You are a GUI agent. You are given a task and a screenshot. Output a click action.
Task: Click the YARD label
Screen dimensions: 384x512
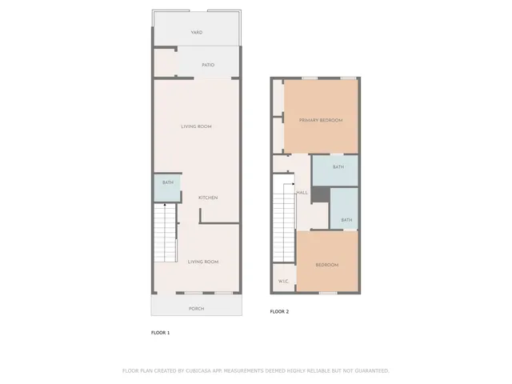[x=196, y=33]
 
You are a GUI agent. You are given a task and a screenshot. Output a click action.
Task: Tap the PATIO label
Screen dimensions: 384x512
[x=208, y=65]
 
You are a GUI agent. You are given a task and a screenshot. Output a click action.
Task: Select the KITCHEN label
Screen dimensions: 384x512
[x=208, y=198]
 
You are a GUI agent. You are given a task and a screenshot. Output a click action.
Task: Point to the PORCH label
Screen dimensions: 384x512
[x=196, y=308]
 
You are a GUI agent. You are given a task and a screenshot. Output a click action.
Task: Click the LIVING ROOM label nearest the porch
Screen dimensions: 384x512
[x=203, y=262]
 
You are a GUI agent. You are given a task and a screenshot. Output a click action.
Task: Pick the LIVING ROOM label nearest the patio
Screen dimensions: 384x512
[x=196, y=127]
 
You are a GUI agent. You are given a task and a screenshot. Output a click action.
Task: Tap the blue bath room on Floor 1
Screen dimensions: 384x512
[x=167, y=187]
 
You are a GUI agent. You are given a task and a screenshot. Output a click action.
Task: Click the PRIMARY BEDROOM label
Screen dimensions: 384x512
[x=321, y=120]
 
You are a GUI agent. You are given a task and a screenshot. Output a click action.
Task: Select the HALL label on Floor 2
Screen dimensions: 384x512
[x=302, y=193]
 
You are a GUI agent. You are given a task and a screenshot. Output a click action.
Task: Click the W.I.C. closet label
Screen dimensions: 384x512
[x=283, y=282]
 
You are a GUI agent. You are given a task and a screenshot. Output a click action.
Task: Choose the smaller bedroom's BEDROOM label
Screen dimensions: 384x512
[x=326, y=265]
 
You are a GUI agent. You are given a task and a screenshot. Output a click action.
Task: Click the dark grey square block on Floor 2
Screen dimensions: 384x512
[x=321, y=194]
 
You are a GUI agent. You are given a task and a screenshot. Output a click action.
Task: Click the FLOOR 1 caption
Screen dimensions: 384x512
[x=160, y=332]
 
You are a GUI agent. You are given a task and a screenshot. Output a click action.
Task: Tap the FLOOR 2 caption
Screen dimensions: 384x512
[x=279, y=311]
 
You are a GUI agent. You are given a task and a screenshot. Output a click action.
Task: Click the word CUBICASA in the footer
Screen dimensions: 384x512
[x=199, y=370]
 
